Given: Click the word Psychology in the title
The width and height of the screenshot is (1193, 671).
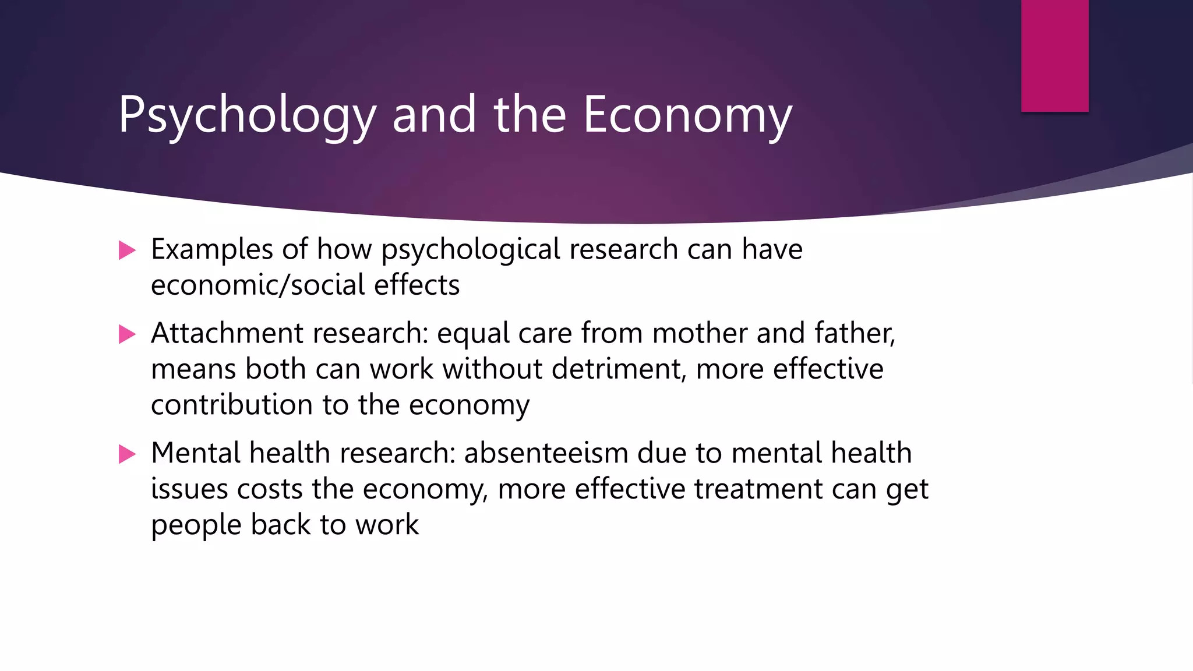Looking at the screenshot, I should pyautogui.click(x=247, y=115).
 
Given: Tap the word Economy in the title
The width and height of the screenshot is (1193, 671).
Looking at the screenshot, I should pyautogui.click(x=687, y=115).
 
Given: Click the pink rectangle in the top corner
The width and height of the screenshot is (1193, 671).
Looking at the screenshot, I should pyautogui.click(x=1054, y=55).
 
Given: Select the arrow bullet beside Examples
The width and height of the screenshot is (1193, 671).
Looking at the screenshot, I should pyautogui.click(x=127, y=250).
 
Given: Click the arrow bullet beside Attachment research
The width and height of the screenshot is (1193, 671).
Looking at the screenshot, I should pyautogui.click(x=127, y=334).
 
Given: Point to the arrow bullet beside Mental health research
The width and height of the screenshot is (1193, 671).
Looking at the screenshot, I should pyautogui.click(x=127, y=454).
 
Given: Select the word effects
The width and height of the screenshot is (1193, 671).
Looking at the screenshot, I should pyautogui.click(x=417, y=285).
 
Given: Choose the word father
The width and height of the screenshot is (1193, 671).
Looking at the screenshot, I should pyautogui.click(x=854, y=334).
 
